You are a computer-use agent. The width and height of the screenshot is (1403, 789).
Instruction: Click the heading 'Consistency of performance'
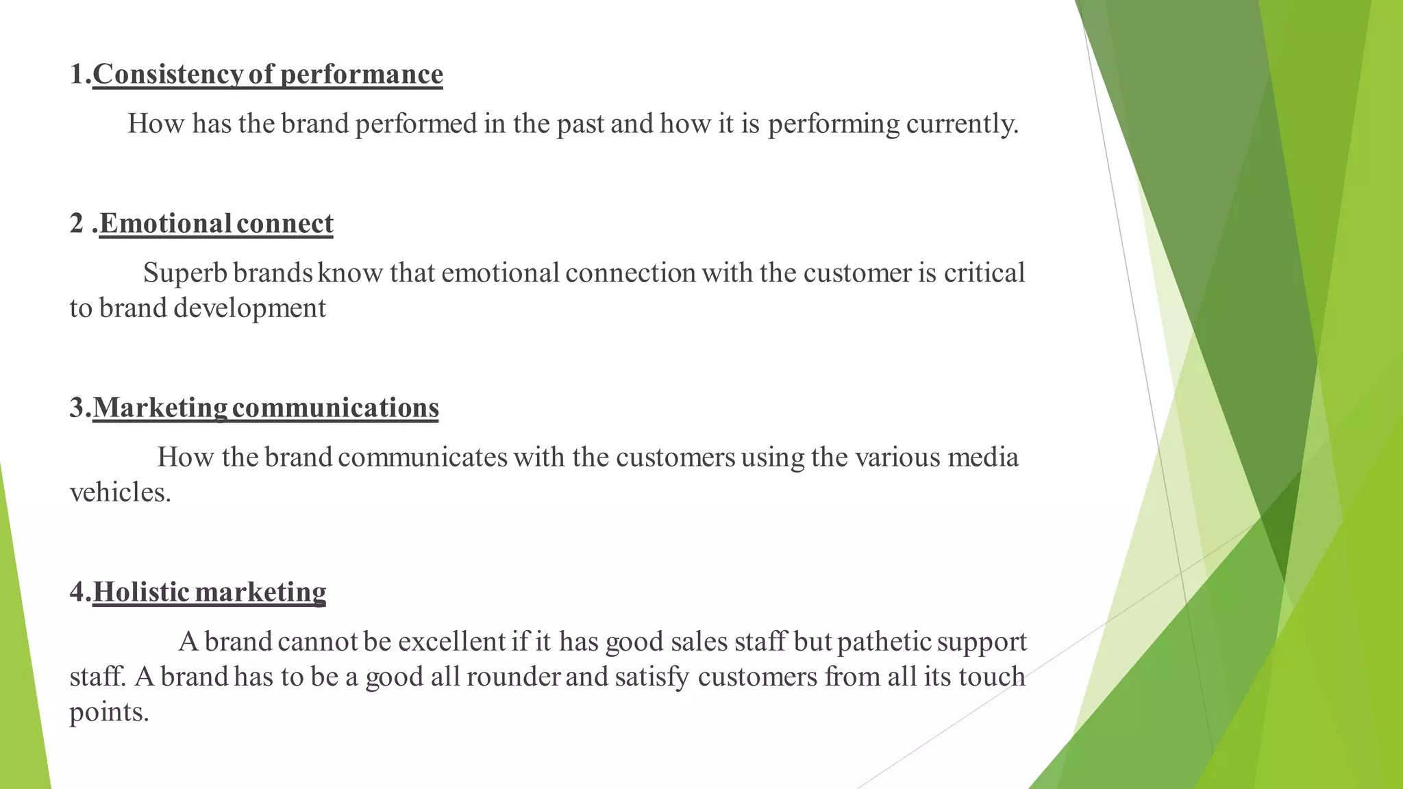click(267, 74)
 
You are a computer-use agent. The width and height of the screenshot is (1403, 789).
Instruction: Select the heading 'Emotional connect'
click(216, 223)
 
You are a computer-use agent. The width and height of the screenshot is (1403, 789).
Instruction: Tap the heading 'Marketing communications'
click(265, 408)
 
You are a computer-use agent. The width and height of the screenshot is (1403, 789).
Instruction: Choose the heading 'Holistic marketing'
click(209, 592)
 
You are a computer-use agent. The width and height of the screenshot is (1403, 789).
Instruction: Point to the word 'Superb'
click(185, 273)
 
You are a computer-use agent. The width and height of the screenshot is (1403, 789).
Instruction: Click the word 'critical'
click(984, 273)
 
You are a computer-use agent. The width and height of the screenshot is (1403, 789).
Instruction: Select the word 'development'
click(249, 308)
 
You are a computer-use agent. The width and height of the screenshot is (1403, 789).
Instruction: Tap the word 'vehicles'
click(119, 492)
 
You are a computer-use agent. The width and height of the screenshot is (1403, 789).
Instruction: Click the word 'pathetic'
click(883, 642)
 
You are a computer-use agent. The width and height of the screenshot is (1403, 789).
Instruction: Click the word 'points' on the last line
click(108, 712)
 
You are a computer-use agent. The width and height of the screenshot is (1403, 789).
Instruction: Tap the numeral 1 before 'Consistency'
click(77, 74)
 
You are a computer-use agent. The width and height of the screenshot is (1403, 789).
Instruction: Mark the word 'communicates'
click(422, 457)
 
